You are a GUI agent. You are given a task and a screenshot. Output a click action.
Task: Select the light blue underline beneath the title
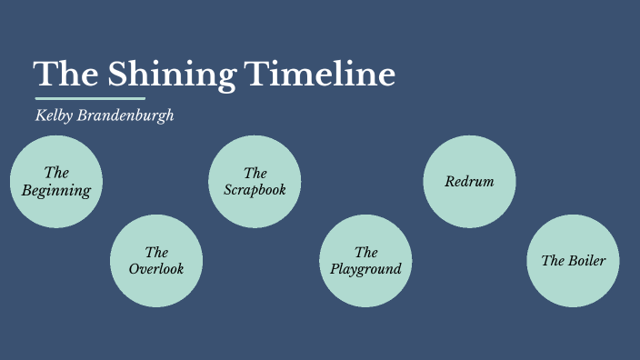click(90, 98)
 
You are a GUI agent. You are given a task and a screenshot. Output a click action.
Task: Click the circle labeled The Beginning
click(56, 182)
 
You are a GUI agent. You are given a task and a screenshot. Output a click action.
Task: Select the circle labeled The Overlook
click(156, 262)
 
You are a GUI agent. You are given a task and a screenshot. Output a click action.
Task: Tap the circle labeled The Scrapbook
click(255, 182)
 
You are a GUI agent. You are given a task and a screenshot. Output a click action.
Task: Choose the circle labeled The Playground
click(365, 262)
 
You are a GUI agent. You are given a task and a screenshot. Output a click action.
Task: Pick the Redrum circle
click(469, 182)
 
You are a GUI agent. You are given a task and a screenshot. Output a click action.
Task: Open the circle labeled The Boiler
click(573, 262)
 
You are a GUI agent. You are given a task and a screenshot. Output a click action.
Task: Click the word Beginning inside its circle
click(56, 191)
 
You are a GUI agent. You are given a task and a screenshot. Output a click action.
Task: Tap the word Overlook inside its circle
click(156, 269)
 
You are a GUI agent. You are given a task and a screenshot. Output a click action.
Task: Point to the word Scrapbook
click(255, 190)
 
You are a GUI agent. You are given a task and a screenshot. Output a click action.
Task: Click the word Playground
click(365, 269)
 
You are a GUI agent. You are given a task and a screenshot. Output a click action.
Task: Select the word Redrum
click(469, 182)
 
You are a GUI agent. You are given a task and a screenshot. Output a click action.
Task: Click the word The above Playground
click(365, 252)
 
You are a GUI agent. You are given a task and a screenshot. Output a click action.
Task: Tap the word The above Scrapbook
click(255, 173)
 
